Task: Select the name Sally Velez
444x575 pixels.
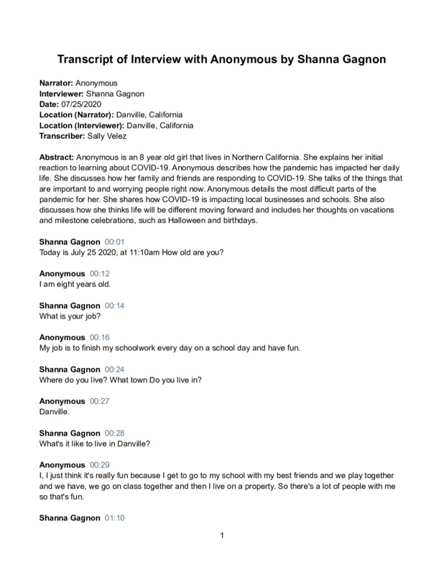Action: click(110, 135)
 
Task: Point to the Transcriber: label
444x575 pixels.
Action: click(61, 135)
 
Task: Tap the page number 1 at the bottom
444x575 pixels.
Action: click(223, 535)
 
